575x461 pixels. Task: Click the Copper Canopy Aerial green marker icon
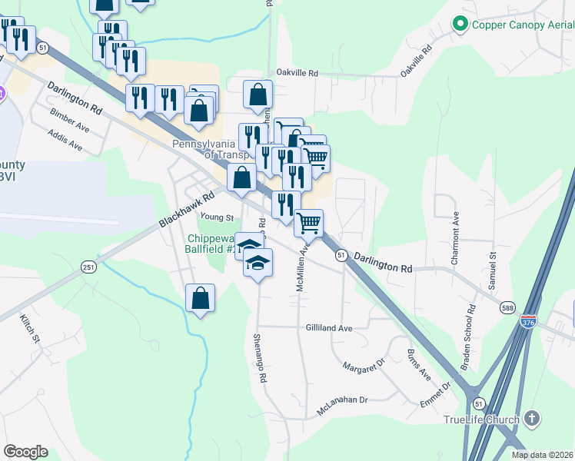coord(460,25)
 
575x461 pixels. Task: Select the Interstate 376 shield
coord(529,320)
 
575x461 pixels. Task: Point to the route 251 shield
coord(88,267)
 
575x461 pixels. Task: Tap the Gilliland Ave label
coord(329,328)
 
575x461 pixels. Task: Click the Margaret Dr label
coord(364,368)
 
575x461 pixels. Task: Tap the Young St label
coord(217,217)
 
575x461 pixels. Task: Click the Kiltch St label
coord(29,328)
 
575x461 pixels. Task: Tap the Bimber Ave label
coord(70,121)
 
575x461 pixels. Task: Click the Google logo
coord(25,452)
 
